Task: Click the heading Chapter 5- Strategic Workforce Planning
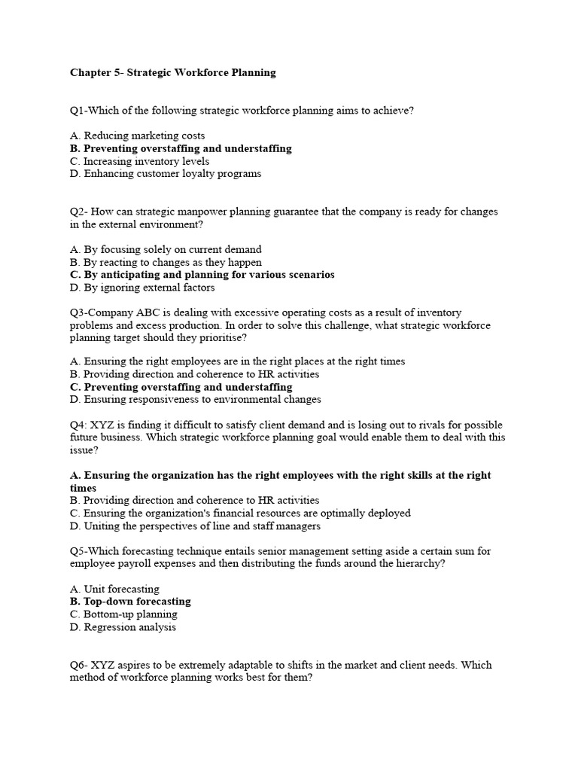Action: click(x=172, y=73)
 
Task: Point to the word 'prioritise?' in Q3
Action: click(x=224, y=338)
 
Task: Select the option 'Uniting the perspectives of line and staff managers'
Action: click(x=195, y=526)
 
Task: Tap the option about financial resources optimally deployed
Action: click(x=240, y=513)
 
